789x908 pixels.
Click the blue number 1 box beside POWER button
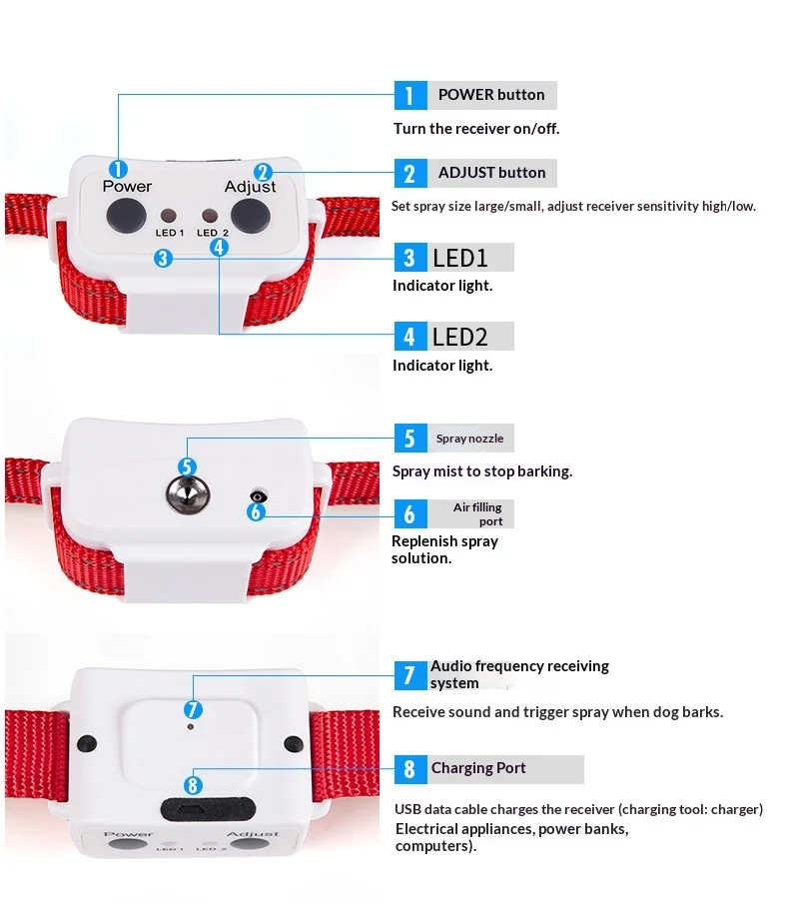tap(410, 95)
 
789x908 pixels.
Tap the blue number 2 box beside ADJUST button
tap(410, 173)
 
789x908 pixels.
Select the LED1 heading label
tap(460, 258)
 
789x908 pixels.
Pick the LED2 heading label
tap(460, 337)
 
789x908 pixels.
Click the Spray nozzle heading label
tap(469, 439)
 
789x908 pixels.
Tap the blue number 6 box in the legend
tap(410, 513)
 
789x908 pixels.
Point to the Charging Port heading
tap(478, 768)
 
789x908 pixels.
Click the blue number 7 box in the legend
tap(410, 675)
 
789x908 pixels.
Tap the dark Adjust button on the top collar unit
tap(250, 216)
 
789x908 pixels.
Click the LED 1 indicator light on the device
tap(169, 216)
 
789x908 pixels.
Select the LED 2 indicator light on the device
tap(209, 216)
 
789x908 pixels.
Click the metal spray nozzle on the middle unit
tap(188, 494)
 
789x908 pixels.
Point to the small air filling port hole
tap(259, 496)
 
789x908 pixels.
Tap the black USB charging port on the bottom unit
tap(208, 809)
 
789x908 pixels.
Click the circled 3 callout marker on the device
tap(163, 258)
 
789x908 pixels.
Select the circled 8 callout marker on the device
tap(193, 785)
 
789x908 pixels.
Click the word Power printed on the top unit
tap(127, 187)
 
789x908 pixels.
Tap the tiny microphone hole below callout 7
tap(191, 726)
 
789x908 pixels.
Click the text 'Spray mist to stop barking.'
tap(482, 471)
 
